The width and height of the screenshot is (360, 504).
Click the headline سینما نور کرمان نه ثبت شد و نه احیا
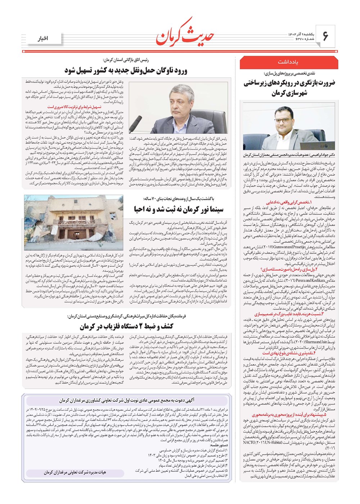tap(179, 209)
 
